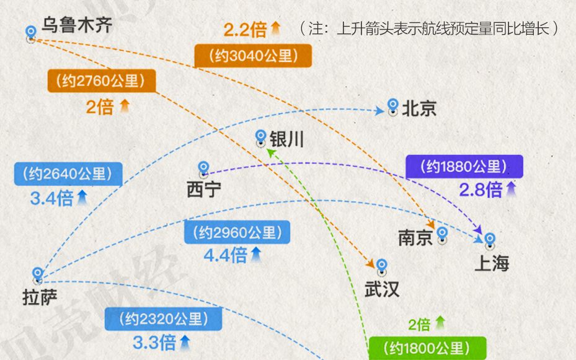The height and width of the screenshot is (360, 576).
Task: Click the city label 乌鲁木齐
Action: click(76, 25)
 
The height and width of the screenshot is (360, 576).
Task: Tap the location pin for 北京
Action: click(392, 107)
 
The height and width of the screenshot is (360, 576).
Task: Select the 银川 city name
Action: click(286, 139)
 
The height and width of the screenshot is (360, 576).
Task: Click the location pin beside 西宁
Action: click(203, 170)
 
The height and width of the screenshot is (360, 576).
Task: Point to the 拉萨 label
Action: click(40, 297)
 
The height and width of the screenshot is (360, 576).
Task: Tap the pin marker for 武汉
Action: click(382, 267)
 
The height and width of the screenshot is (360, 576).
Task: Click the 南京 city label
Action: click(415, 237)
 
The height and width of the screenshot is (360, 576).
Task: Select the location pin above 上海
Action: click(490, 241)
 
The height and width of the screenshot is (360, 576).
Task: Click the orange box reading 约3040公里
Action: click(253, 56)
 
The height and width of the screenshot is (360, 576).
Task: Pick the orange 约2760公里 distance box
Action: click(102, 81)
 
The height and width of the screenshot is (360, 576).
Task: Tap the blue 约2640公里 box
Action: click(68, 173)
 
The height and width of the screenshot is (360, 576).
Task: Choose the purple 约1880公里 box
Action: click(464, 167)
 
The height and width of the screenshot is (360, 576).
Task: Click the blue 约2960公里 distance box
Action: click(237, 232)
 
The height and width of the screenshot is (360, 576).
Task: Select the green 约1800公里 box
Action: click(428, 348)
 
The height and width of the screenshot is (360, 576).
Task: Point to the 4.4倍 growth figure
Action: click(225, 255)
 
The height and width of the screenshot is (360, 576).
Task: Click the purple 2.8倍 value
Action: click(481, 190)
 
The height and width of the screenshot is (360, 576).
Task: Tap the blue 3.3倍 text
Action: click(154, 343)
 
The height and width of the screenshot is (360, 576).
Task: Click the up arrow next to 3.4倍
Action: click(82, 198)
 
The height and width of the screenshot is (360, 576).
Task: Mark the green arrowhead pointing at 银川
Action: click(271, 152)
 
